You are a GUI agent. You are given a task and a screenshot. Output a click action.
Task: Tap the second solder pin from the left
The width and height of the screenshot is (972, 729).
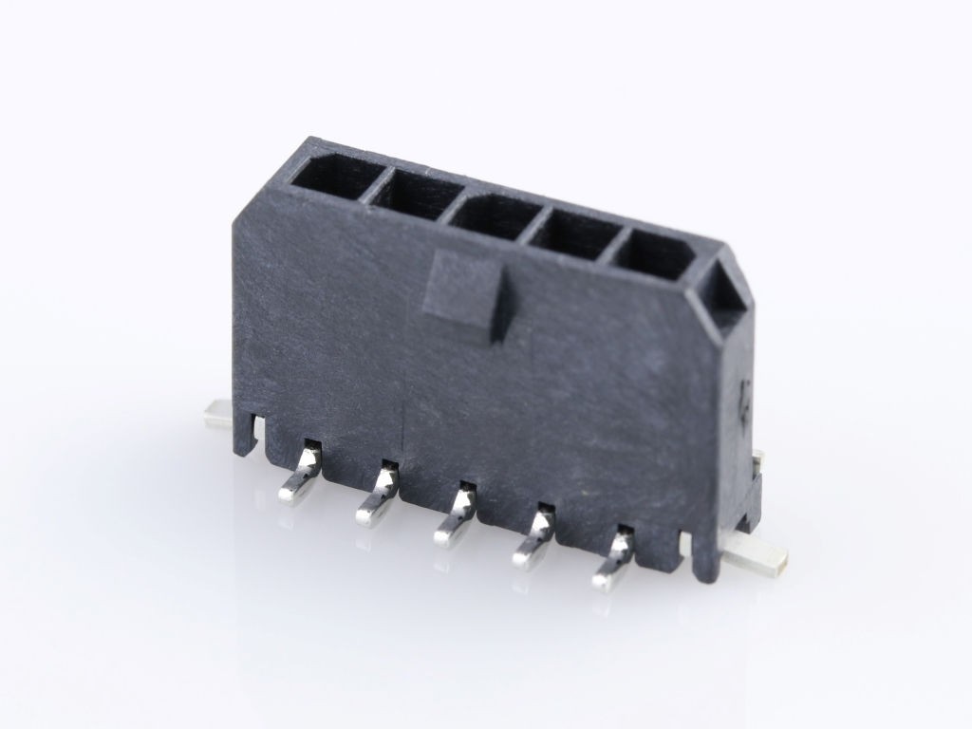pyautogui.click(x=377, y=495)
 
